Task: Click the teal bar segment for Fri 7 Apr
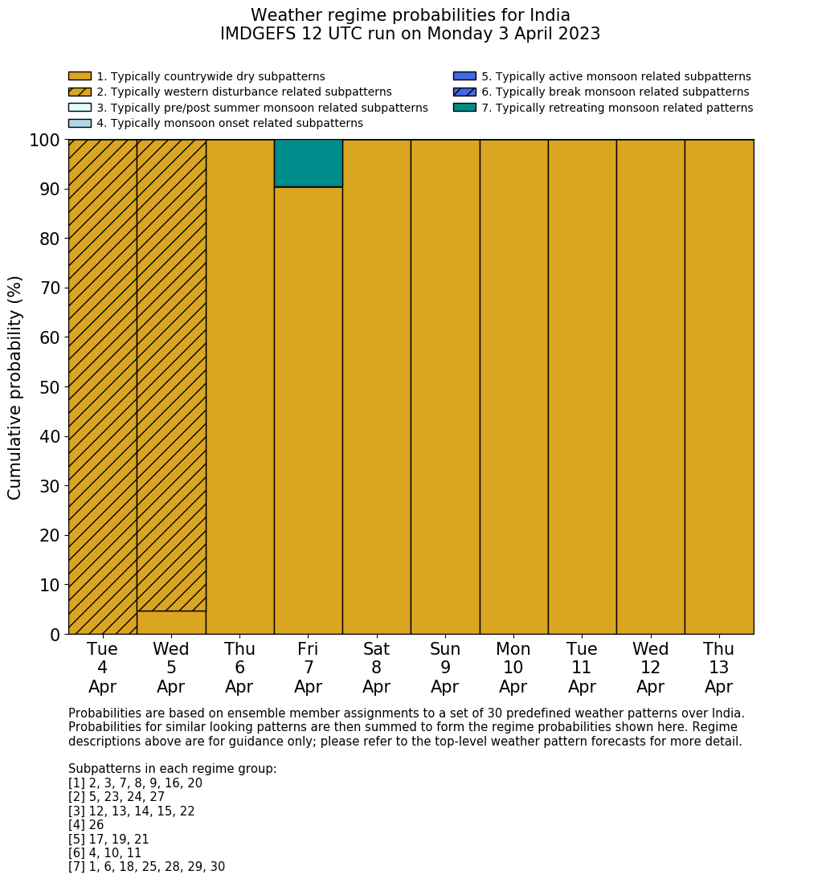[x=309, y=163]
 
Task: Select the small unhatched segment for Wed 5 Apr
[x=171, y=623]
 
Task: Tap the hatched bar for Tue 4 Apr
[x=102, y=386]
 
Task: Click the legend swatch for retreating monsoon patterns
[x=464, y=108]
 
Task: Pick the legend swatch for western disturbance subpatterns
[x=80, y=92]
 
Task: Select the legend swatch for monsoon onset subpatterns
[x=80, y=123]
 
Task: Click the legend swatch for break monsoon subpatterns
[x=464, y=92]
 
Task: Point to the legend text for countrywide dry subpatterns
[x=211, y=77]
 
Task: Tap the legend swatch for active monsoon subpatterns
[x=464, y=77]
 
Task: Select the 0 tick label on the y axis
[x=55, y=635]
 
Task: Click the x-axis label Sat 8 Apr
[x=377, y=668]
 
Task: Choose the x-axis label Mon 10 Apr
[x=513, y=668]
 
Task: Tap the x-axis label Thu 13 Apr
[x=719, y=668]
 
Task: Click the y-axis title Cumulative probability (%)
[x=15, y=387]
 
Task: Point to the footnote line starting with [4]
[x=86, y=825]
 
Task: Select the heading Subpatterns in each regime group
[x=172, y=769]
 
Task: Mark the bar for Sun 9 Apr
[x=445, y=386]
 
